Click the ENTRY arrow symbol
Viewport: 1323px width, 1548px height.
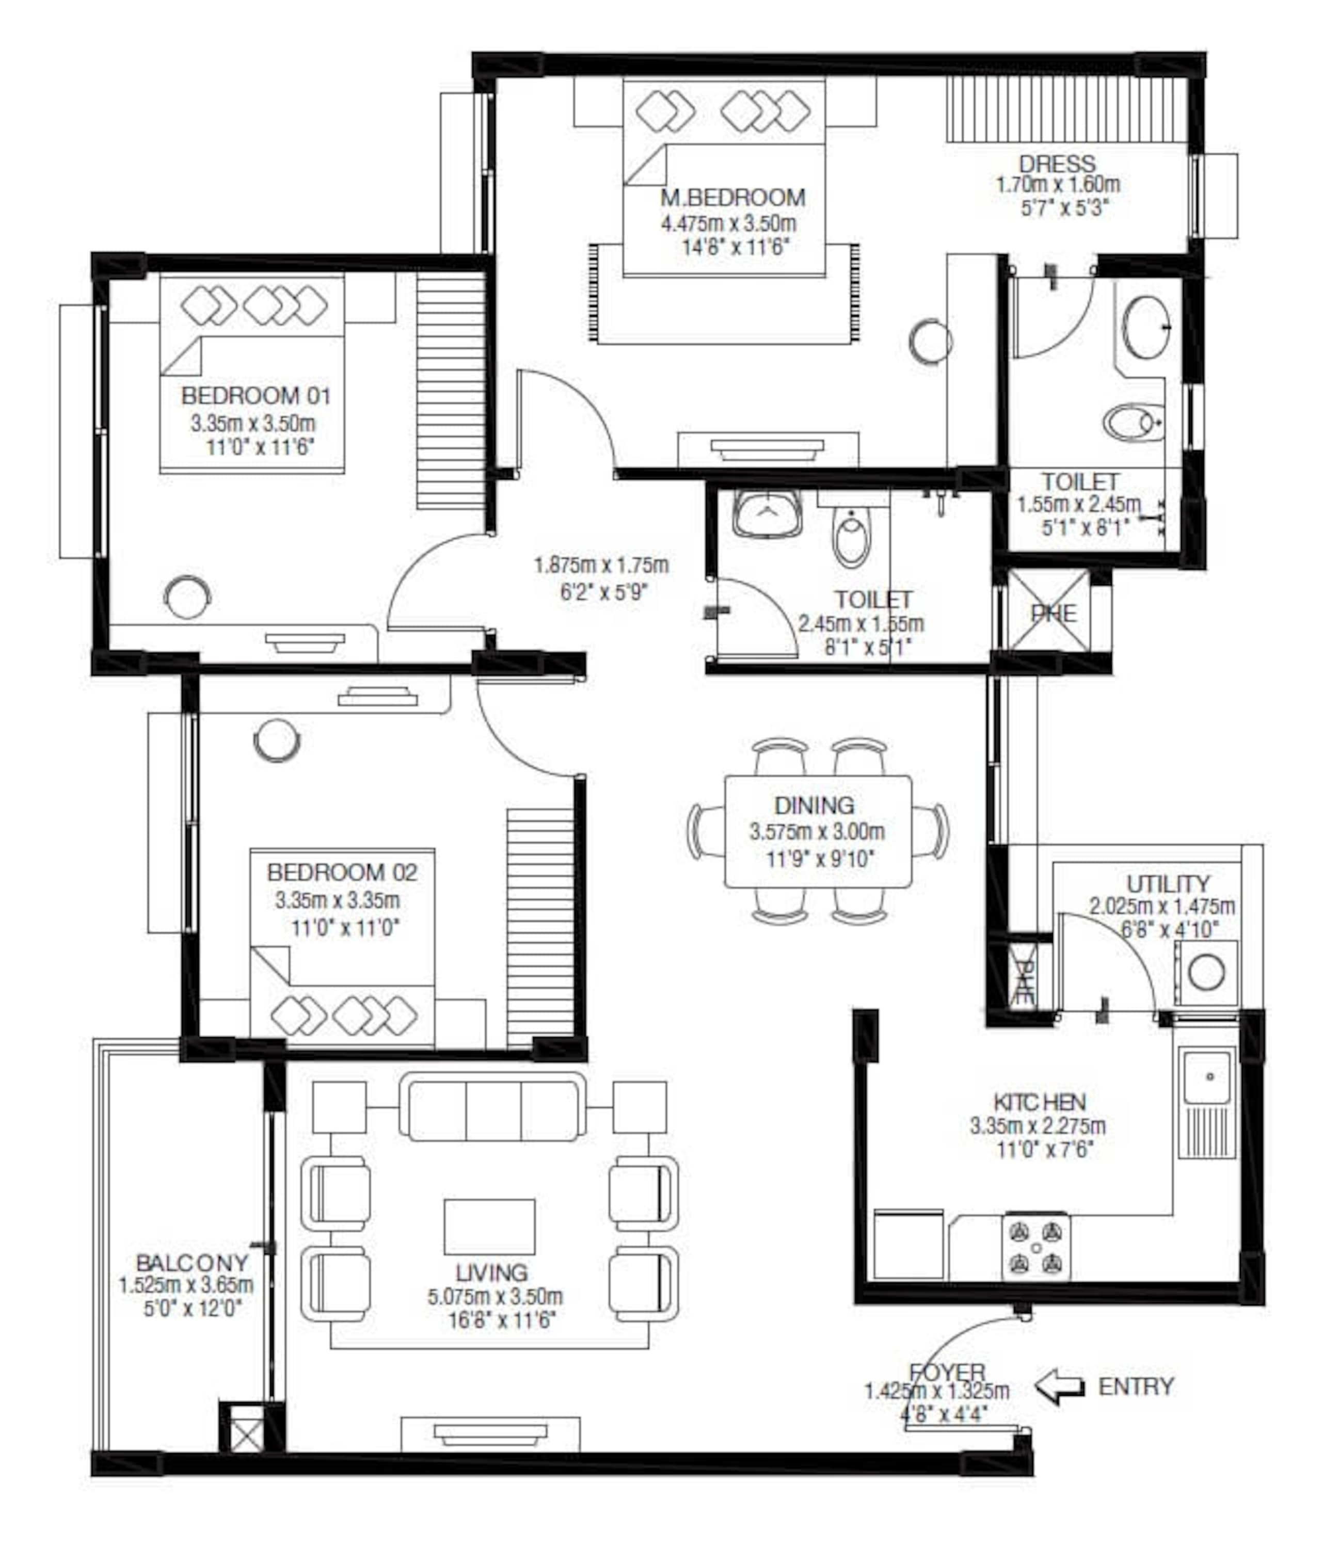(1059, 1386)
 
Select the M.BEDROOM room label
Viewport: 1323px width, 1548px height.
(732, 198)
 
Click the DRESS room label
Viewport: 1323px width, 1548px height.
(1057, 164)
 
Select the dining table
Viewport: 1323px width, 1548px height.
(818, 831)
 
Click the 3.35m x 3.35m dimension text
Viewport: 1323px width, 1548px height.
(337, 901)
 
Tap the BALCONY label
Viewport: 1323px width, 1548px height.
(192, 1263)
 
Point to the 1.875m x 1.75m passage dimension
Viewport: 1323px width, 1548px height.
(601, 566)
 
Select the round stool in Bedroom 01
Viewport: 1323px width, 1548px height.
(187, 598)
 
